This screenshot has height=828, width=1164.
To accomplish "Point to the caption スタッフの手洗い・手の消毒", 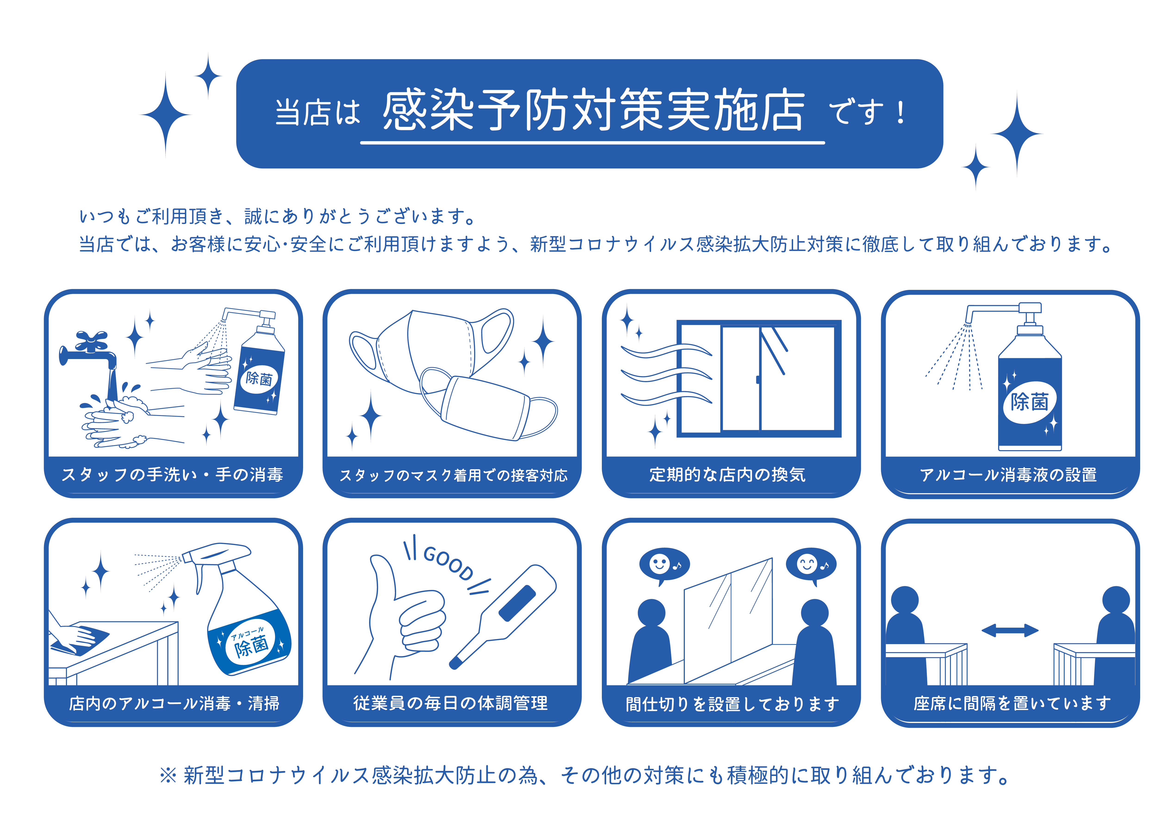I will [172, 475].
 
